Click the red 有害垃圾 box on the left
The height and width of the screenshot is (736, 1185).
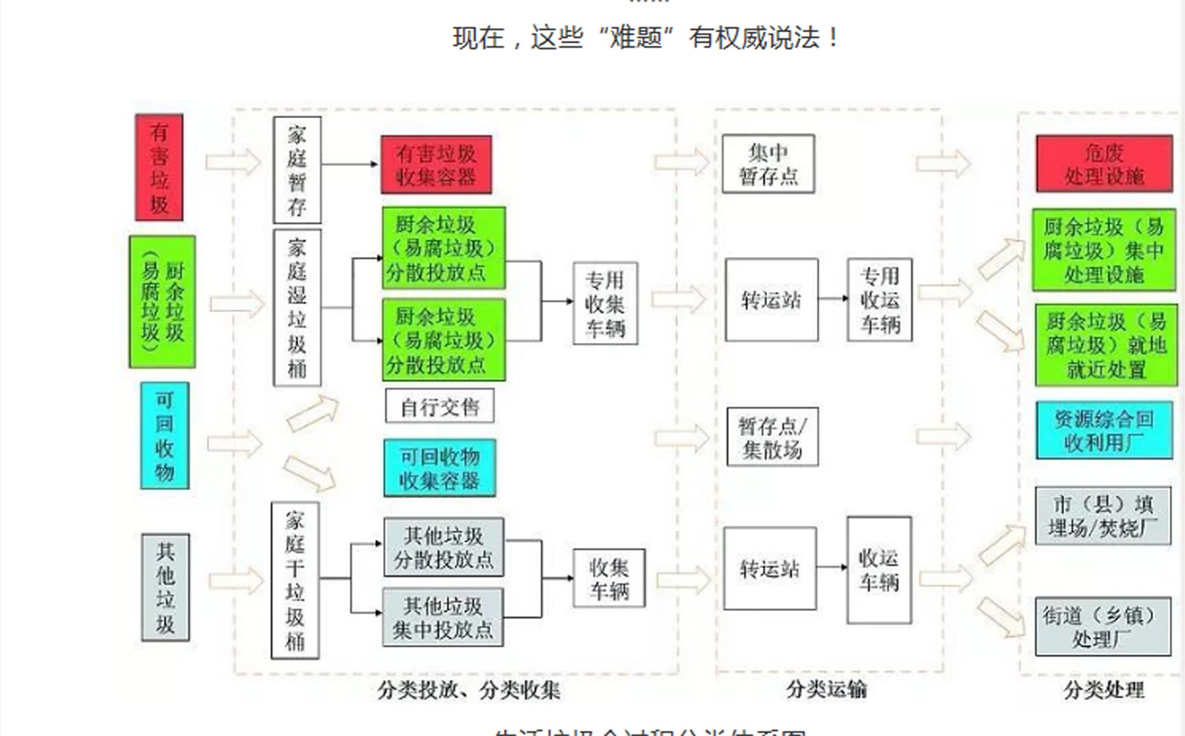159,167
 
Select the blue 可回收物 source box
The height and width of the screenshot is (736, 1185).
165,436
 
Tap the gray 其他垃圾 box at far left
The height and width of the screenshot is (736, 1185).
165,587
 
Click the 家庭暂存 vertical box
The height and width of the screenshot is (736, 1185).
297,170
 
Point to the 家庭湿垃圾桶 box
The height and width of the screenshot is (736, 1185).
297,308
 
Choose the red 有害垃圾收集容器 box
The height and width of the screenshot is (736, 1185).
436,165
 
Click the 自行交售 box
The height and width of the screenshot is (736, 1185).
439,406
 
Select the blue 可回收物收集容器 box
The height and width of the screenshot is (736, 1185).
439,468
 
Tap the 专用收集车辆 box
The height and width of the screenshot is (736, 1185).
605,304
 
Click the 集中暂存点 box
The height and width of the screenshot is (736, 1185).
768,164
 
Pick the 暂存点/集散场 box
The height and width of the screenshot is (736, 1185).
772,437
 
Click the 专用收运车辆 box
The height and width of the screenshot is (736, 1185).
879,300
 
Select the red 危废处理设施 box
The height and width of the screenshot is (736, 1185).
1104,164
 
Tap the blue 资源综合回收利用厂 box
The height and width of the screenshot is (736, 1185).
1104,431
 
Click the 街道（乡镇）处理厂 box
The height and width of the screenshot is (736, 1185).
1103,626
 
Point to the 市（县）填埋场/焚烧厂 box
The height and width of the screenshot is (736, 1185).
1103,516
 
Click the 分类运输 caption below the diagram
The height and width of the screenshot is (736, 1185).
826,689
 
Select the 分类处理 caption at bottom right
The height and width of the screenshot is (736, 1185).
1104,690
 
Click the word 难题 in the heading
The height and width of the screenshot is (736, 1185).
636,38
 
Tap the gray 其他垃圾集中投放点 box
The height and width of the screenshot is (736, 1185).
443,618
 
